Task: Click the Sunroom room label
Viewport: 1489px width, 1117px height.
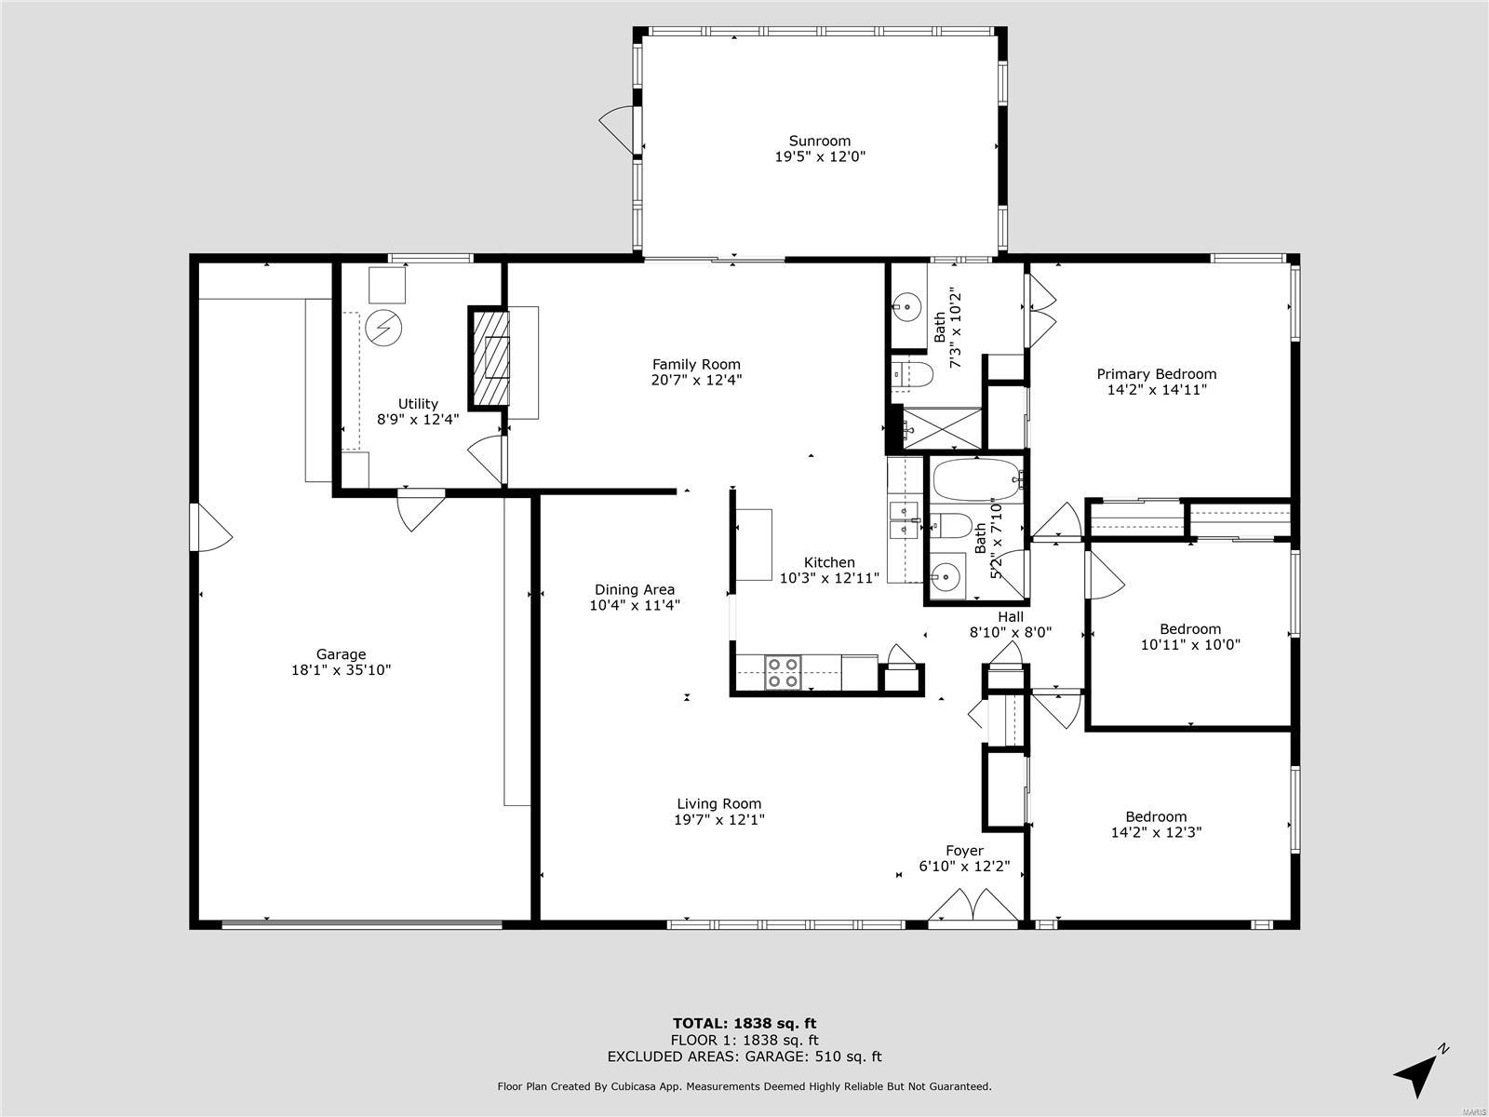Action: [x=820, y=141]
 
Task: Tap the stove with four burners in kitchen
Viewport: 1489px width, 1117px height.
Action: [x=783, y=672]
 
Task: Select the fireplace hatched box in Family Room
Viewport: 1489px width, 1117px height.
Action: [x=490, y=357]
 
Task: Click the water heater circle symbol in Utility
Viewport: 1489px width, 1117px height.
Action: [x=382, y=327]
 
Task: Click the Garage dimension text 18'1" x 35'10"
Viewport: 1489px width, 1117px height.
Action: [x=341, y=669]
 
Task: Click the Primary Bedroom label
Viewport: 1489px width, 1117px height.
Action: [x=1156, y=374]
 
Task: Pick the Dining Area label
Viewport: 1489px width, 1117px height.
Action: [x=634, y=589]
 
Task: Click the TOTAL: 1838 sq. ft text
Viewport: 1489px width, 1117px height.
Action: [x=744, y=1024]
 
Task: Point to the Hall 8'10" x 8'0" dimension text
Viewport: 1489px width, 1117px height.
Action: [x=1011, y=632]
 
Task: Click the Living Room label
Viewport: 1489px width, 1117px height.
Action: [x=718, y=804]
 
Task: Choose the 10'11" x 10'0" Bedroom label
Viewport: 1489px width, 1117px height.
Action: [x=1189, y=629]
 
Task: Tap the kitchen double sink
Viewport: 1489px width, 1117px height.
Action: [x=903, y=520]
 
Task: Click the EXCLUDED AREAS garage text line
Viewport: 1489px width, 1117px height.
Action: [x=744, y=1056]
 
